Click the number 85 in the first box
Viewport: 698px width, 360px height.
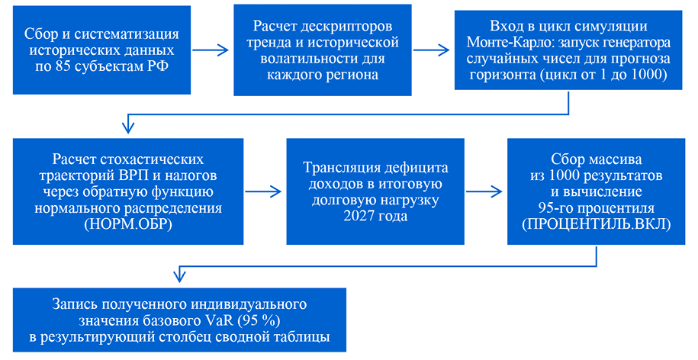63,66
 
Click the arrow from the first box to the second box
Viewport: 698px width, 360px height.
211,50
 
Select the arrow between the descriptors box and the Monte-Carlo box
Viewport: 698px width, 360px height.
431,50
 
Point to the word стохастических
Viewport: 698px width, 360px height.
150,159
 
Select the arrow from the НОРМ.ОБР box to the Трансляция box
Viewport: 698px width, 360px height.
263,191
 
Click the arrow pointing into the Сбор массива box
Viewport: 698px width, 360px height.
484,191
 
